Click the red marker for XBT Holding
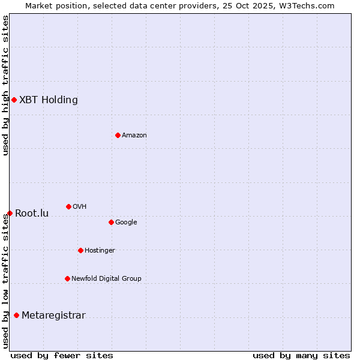pyautogui.click(x=14, y=100)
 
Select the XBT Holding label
pyautogui.click(x=49, y=100)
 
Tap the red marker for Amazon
pyautogui.click(x=118, y=135)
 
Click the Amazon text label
pyautogui.click(x=134, y=136)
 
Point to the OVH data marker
pyautogui.click(x=68, y=206)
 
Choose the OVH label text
pyautogui.click(x=80, y=207)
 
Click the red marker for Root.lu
pyautogui.click(x=10, y=213)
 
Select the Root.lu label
pyautogui.click(x=32, y=214)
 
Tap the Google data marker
pyautogui.click(x=111, y=222)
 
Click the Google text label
pyautogui.click(x=126, y=223)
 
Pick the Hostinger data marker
pyautogui.click(x=80, y=250)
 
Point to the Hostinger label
pyautogui.click(x=100, y=251)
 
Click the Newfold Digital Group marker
pyautogui.click(x=67, y=278)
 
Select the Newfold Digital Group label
pyautogui.click(x=106, y=279)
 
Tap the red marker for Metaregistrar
pyautogui.click(x=16, y=315)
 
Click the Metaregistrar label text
pyautogui.click(x=53, y=316)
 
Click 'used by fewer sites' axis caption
pyautogui.click(x=62, y=355)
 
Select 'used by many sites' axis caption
pyautogui.click(x=301, y=355)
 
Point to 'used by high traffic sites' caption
pyautogui.click(x=5, y=85)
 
